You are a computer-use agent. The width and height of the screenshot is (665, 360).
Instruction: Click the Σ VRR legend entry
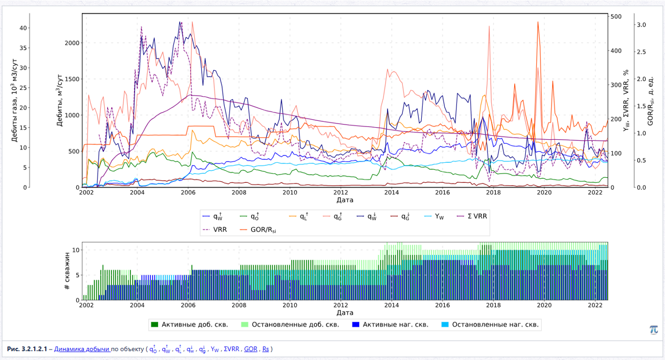point(472,216)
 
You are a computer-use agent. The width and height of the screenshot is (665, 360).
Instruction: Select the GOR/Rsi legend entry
point(258,230)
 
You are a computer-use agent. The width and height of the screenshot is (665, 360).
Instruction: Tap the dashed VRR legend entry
point(214,230)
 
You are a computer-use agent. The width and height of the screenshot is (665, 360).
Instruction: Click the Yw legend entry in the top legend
point(434,217)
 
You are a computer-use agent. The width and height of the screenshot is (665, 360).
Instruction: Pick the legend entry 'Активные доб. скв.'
point(190,325)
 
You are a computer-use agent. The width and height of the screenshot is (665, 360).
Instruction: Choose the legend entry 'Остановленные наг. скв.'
point(490,325)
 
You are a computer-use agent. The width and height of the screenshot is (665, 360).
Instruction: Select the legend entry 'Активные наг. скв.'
point(390,325)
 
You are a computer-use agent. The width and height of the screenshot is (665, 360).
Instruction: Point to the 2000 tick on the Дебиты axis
point(72,43)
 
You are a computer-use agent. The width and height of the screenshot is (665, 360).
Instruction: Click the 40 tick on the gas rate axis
point(23,28)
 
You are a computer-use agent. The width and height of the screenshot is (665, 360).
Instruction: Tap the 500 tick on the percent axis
point(616,17)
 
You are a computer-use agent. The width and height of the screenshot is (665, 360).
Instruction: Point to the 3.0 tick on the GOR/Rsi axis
point(641,25)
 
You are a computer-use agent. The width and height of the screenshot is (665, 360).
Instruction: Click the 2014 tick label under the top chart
point(391,192)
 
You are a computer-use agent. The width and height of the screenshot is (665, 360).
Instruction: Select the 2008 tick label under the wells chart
point(239,305)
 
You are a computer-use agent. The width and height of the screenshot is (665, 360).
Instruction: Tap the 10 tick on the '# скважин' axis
point(76,250)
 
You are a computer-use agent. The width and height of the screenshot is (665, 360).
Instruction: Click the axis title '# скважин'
point(67,271)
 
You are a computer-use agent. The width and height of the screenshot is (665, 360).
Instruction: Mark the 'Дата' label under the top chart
point(345,200)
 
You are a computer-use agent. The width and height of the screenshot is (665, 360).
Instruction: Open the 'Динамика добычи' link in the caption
point(82,349)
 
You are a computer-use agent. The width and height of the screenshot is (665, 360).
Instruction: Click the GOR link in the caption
point(251,349)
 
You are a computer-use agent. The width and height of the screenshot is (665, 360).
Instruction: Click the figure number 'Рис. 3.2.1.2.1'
point(27,349)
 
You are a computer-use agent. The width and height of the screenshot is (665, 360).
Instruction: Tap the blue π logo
point(654,330)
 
